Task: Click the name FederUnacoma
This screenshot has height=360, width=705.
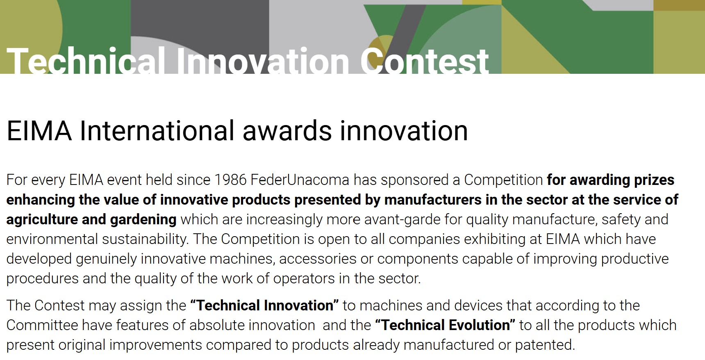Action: coord(300,180)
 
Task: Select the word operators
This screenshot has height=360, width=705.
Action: coord(304,279)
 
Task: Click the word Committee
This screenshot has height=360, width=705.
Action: coord(42,325)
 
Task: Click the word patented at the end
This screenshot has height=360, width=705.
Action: coord(545,345)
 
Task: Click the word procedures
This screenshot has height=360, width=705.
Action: coord(42,279)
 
